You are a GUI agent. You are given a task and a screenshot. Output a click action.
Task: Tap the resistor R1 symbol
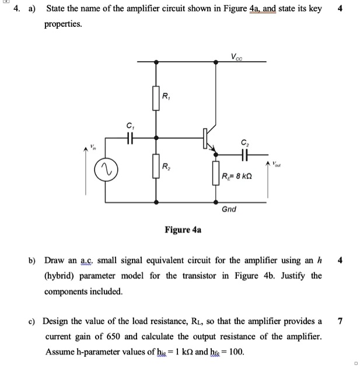point(156,97)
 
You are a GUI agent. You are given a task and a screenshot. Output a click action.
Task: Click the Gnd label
point(229,209)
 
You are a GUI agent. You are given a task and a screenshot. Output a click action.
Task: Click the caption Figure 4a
point(183,230)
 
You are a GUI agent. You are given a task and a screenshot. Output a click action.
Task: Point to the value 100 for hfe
point(235,351)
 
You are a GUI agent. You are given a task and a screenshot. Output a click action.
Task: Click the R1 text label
point(166,95)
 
